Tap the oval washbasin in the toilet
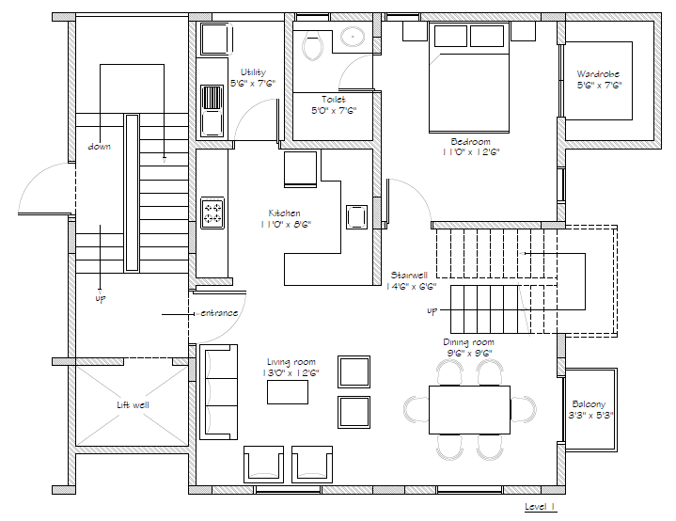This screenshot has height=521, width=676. click(x=354, y=37)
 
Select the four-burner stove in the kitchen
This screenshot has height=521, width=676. click(x=212, y=213)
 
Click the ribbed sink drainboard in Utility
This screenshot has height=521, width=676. click(x=212, y=98)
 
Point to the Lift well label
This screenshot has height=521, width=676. click(x=133, y=405)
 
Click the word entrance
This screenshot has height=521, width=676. click(x=219, y=312)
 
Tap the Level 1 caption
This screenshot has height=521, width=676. click(x=540, y=506)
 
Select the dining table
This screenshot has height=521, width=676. click(x=469, y=410)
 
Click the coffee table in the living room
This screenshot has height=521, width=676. click(x=288, y=392)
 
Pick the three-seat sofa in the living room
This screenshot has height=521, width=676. click(x=218, y=392)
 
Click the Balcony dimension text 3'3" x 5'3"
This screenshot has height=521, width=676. click(x=590, y=416)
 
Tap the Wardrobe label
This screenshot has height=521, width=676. click(x=598, y=73)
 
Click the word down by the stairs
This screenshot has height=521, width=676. click(x=99, y=147)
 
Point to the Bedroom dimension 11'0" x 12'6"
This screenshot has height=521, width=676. click(x=471, y=152)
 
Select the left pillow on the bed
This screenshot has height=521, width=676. click(x=450, y=36)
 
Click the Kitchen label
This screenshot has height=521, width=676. click(x=284, y=213)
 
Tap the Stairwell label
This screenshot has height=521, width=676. click(x=409, y=275)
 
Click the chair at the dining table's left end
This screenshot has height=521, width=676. click(x=416, y=409)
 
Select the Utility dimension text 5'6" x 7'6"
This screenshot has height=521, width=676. click(x=253, y=84)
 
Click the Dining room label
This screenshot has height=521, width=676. click(x=468, y=342)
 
